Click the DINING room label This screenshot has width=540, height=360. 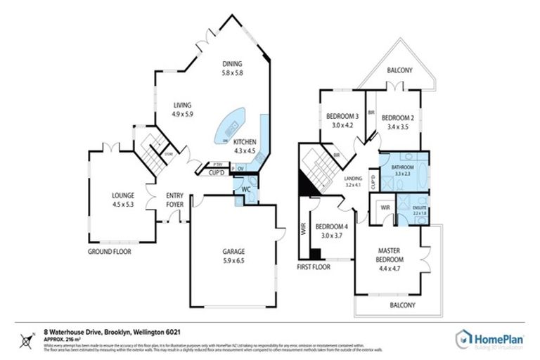232,63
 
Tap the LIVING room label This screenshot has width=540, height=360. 182,105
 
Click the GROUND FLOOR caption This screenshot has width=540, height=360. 109,251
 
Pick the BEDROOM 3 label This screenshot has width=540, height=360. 342,117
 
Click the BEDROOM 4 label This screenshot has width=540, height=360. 331,226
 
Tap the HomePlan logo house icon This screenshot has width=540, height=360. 465,337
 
